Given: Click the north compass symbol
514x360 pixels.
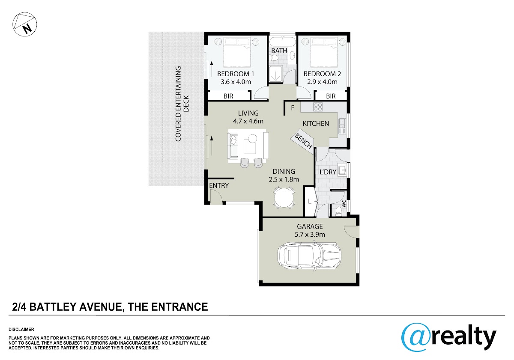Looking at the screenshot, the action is (x=24, y=24).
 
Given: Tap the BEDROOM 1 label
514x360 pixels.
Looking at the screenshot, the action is (x=236, y=74).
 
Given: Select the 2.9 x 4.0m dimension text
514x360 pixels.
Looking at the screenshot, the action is (x=322, y=82).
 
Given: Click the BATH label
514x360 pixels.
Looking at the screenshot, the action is (x=279, y=51).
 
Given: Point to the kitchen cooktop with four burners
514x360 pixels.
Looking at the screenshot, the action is (x=318, y=107).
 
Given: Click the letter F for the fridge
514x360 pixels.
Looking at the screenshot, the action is (x=293, y=108).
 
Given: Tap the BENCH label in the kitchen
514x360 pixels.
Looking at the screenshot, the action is (x=303, y=141).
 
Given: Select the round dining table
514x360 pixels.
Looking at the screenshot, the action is (x=284, y=198).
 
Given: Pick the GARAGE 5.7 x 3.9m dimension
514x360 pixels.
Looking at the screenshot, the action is (x=310, y=235).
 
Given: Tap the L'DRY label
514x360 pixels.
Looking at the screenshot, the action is (x=328, y=172).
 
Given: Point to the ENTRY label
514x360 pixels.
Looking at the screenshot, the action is (x=219, y=185).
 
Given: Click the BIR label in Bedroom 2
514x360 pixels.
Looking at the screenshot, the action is (x=331, y=96).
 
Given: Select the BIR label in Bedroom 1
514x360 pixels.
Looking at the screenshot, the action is (x=228, y=96).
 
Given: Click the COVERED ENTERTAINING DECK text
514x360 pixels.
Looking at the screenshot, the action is (x=182, y=104).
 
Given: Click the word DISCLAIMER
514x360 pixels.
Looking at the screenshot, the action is (x=21, y=330).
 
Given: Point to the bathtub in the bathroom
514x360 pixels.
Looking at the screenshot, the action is (x=282, y=41).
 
